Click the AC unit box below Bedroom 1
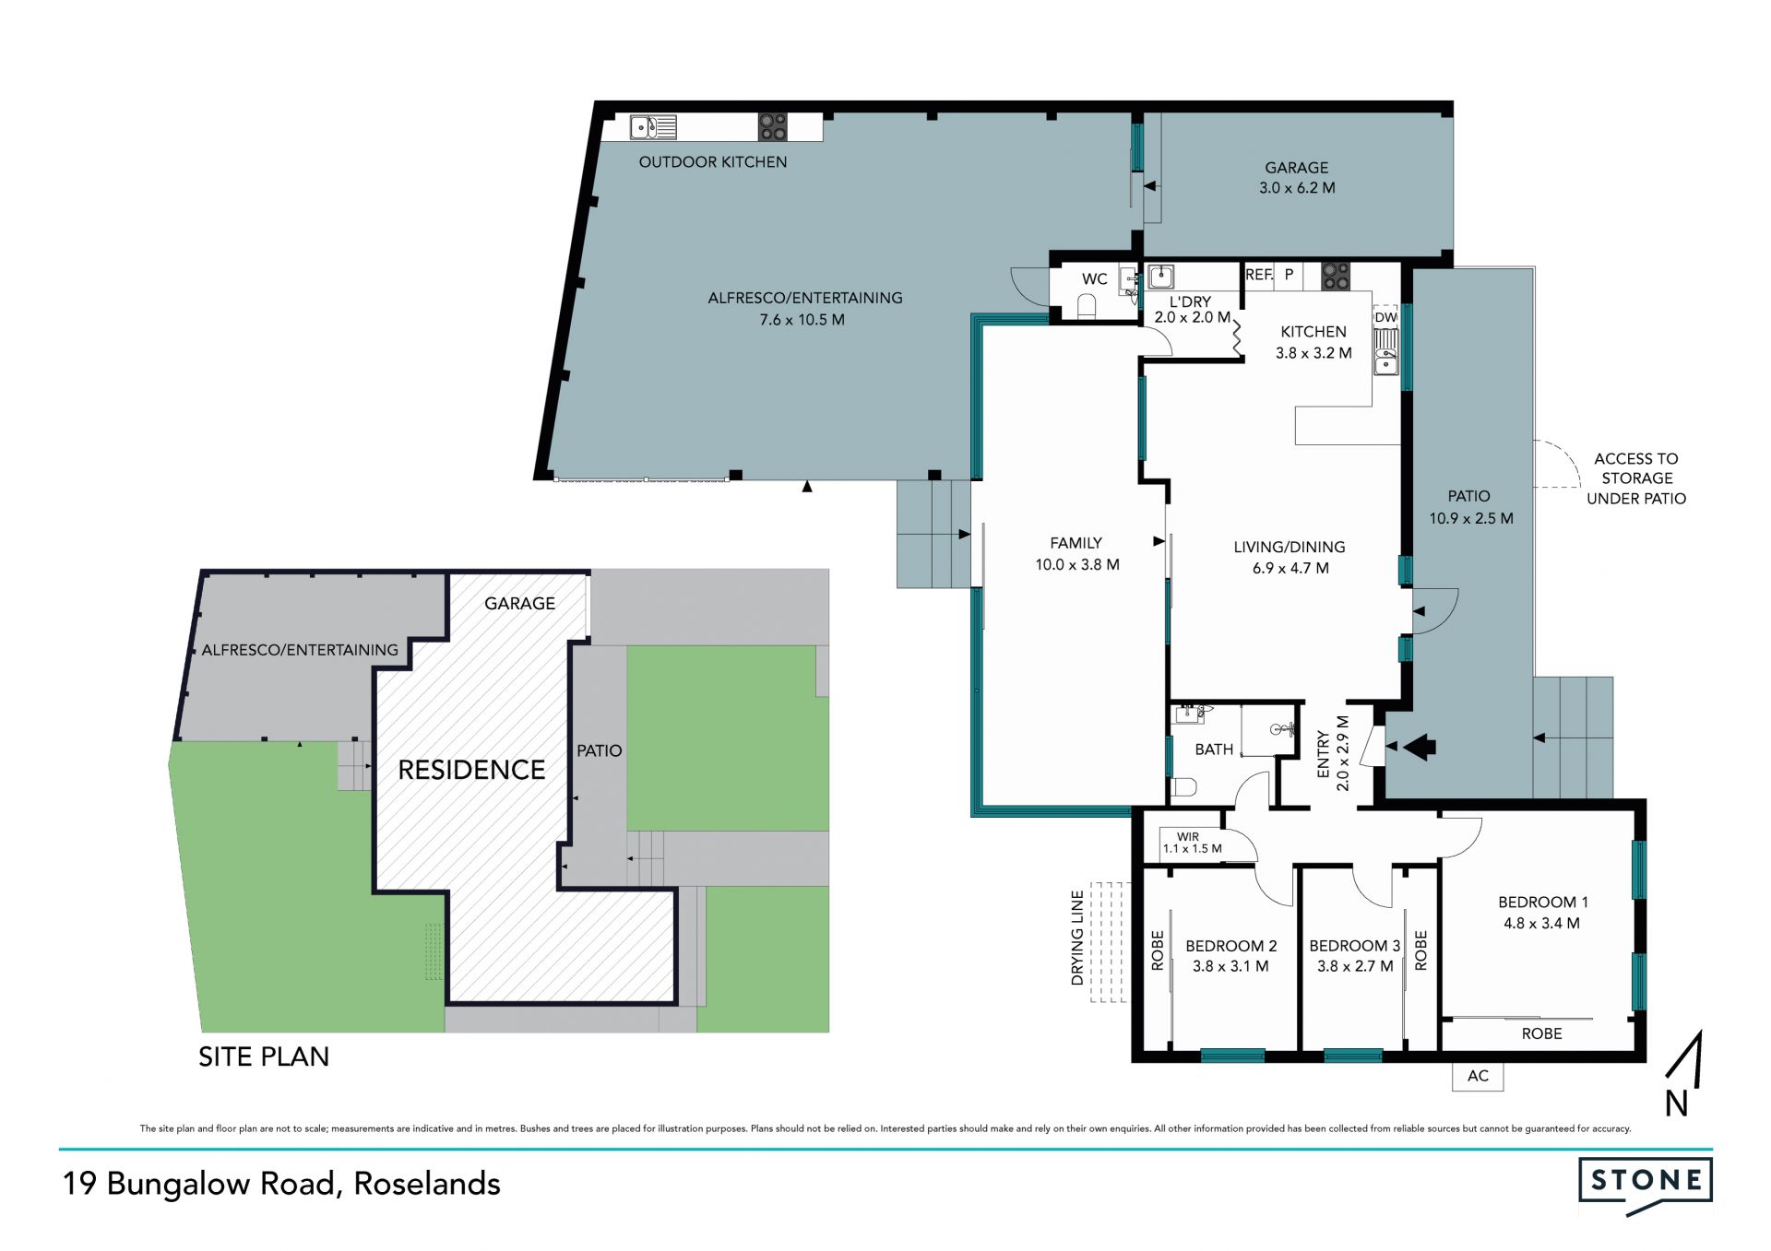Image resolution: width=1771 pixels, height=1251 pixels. click(x=1478, y=1076)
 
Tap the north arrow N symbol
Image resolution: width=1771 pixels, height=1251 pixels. click(x=1682, y=1075)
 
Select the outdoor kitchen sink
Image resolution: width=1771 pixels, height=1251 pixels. click(x=653, y=127)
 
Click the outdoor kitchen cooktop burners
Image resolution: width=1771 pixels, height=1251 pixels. click(x=773, y=127)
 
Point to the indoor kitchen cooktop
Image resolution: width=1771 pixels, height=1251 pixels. click(x=1336, y=276)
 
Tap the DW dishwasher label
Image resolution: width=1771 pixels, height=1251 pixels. click(x=1385, y=317)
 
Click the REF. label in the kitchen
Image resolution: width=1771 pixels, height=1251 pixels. click(x=1259, y=275)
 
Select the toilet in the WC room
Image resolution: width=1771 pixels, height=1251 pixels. click(x=1087, y=306)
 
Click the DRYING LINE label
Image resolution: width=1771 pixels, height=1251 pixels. click(x=1077, y=938)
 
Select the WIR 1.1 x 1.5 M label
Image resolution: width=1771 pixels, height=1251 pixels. click(x=1192, y=843)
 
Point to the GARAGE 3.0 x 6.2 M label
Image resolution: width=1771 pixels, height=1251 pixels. click(x=1297, y=177)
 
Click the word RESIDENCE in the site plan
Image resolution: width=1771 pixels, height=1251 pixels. click(x=471, y=770)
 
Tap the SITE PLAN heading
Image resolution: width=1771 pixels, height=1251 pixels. click(x=264, y=1056)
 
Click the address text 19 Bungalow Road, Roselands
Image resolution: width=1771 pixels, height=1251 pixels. click(x=281, y=1184)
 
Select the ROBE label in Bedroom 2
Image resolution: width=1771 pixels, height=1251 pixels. click(x=1158, y=950)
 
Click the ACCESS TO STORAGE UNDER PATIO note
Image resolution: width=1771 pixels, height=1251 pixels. click(x=1636, y=478)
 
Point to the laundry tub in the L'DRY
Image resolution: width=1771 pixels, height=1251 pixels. click(x=1160, y=276)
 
